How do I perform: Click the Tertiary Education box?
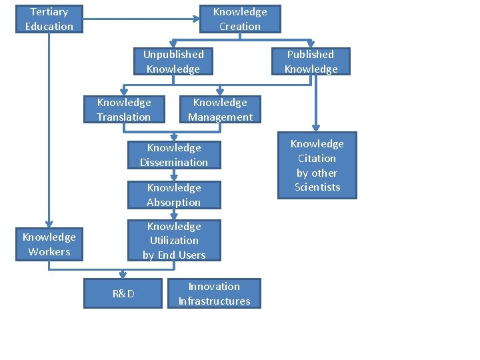coord(49,19)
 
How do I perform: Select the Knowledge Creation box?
coord(240,19)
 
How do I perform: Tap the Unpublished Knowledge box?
coord(173,61)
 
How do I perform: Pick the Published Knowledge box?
coord(311,61)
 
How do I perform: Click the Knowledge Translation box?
coord(124,109)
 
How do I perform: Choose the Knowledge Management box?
coord(220,109)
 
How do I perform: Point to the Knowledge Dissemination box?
coord(174,155)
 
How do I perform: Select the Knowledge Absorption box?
coord(174,195)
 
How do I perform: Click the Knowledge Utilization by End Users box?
coord(174,241)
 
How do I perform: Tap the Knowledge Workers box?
coord(49,244)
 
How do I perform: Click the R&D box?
coord(123,293)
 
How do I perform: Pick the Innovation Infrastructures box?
coord(215,293)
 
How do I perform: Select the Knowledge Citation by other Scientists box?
coord(317,165)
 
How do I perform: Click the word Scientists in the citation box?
coord(317,187)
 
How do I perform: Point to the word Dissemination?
coord(174,162)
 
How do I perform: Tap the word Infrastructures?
coord(215,301)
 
